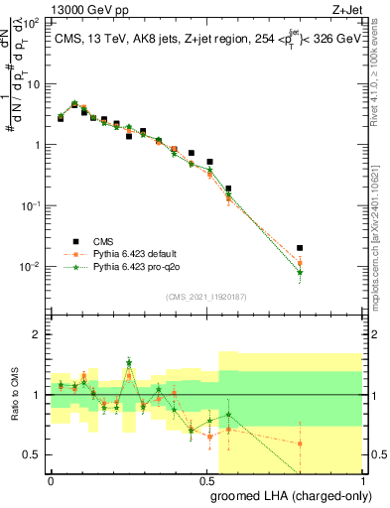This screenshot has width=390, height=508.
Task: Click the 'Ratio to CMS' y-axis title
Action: [12, 394]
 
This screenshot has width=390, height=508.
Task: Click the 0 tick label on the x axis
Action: [51, 479]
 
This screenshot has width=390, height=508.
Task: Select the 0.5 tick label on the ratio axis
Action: [35, 454]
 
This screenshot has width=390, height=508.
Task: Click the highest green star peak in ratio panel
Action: [129, 362]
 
